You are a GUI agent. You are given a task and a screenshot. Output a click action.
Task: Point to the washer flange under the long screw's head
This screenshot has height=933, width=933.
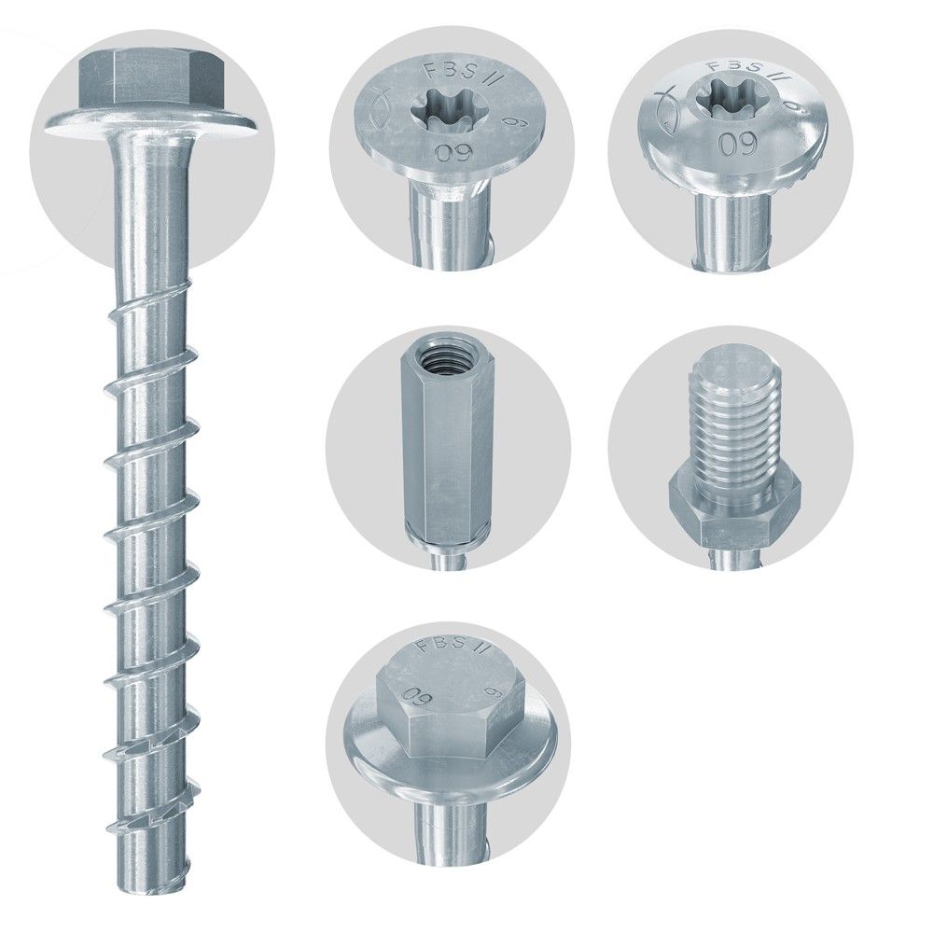153,121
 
